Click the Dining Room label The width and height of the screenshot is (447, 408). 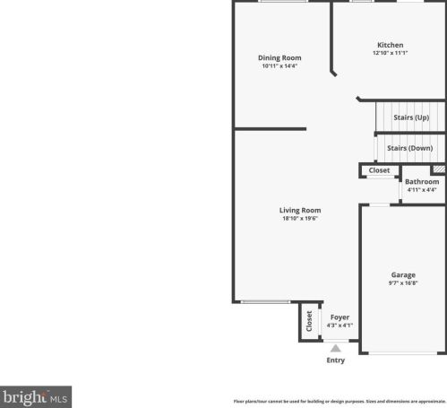279,57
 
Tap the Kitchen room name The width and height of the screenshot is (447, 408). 390,45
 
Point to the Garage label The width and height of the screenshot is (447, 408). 403,274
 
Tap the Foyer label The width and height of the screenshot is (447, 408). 340,317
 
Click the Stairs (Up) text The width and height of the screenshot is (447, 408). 411,117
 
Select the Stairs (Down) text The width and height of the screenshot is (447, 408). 409,148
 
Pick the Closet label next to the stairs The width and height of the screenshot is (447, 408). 379,169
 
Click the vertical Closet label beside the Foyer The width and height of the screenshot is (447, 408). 310,321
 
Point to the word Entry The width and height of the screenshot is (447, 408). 335,360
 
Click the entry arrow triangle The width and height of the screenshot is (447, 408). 336,348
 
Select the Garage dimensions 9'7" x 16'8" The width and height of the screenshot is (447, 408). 404,282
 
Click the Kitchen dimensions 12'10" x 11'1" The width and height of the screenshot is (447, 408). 390,53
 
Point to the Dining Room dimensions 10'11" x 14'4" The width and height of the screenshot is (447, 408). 279,65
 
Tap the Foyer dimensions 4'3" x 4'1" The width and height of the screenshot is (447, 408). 340,325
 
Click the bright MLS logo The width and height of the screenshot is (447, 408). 36,395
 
